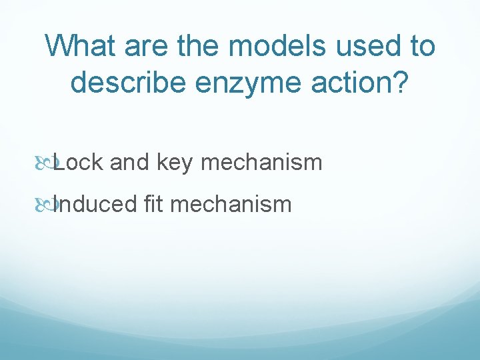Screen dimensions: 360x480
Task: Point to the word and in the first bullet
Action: pyautogui.click(x=130, y=162)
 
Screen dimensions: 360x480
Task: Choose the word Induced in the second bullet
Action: pyautogui.click(x=95, y=203)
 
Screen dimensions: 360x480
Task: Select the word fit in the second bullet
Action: pyautogui.click(x=153, y=203)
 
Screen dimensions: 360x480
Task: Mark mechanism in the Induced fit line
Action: pyautogui.click(x=231, y=203)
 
